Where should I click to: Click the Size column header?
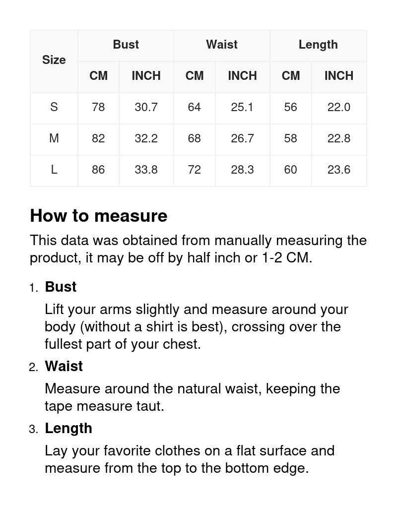coord(54,60)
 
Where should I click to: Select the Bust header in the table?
coord(126,45)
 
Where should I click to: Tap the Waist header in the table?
coord(222,45)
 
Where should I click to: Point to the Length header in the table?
coord(318,45)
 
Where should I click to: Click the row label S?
coord(54,107)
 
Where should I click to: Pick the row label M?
coord(54,138)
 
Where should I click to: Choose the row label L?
coord(54,170)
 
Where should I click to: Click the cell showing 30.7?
coord(146,107)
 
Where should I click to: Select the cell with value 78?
coord(98,107)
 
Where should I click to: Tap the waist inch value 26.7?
coord(242,138)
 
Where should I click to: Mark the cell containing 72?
coord(195,170)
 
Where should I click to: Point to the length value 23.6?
coord(339,170)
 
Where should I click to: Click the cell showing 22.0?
coord(339,107)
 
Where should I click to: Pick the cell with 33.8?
coord(146,170)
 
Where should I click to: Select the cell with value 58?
coord(291,138)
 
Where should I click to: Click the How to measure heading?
coord(99,216)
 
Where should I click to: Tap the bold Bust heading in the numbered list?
coord(61,287)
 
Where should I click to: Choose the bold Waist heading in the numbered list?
coord(64,366)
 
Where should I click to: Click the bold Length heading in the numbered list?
coord(68,428)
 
